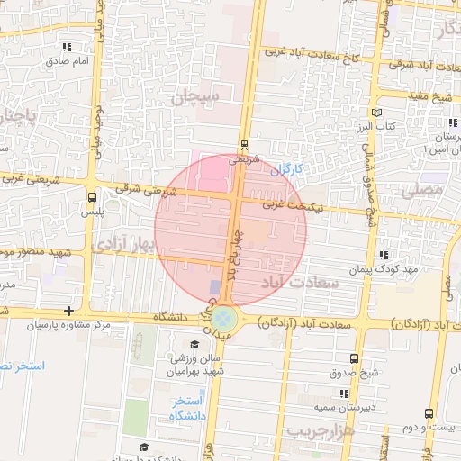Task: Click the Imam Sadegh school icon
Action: click(66, 46)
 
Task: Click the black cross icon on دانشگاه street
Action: click(69, 311)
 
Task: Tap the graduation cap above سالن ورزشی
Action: click(194, 344)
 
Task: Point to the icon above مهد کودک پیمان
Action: click(385, 255)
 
